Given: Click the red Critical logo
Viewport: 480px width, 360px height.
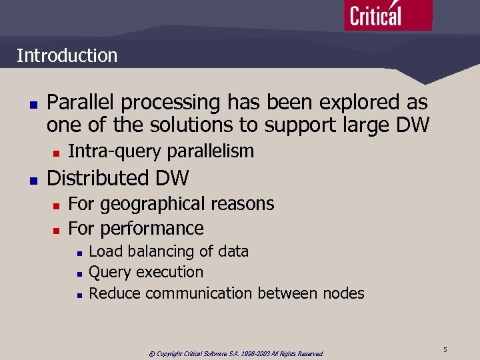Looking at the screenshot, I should tap(388, 15).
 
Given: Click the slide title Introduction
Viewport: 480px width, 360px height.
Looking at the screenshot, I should tap(67, 55).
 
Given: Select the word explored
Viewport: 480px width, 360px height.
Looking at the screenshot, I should tap(359, 103).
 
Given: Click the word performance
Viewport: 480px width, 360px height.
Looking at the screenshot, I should tap(151, 228).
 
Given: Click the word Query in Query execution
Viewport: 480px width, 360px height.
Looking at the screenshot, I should tap(110, 272).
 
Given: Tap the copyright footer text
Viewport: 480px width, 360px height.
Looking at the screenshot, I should tap(236, 353).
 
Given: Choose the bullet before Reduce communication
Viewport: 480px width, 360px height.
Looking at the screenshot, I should tap(79, 294).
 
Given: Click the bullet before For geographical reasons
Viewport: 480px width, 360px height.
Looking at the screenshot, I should tap(57, 205).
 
